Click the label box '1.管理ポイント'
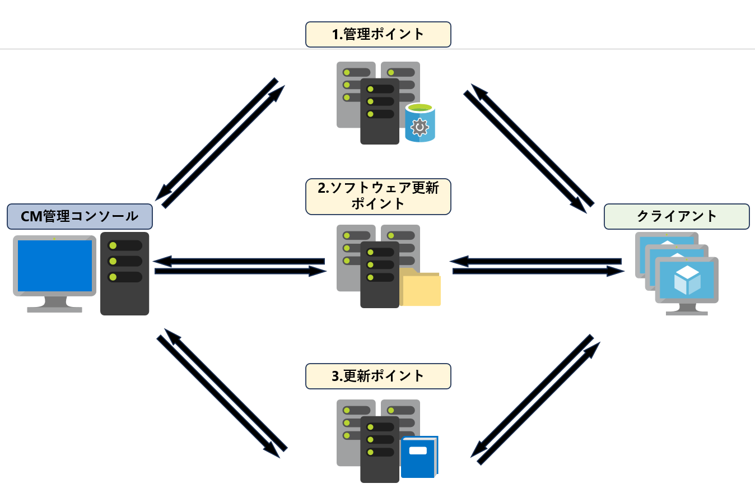pyautogui.click(x=378, y=34)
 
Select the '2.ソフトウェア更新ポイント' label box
pyautogui.click(x=378, y=196)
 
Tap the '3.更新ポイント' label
pyautogui.click(x=378, y=376)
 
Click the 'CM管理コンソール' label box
pyautogui.click(x=80, y=216)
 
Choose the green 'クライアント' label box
pyautogui.click(x=677, y=216)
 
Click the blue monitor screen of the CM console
pyautogui.click(x=55, y=266)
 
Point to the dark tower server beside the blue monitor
pyautogui.click(x=124, y=273)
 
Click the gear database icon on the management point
pyautogui.click(x=420, y=124)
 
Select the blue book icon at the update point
pyautogui.click(x=418, y=457)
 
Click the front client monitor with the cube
pyautogui.click(x=687, y=280)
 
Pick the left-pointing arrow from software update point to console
pyautogui.click(x=239, y=261)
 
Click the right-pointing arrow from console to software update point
pyautogui.click(x=240, y=271)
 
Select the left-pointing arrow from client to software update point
pyautogui.click(x=536, y=261)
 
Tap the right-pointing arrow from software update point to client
pyautogui.click(x=538, y=271)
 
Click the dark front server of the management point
pyautogui.click(x=379, y=111)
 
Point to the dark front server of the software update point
pyautogui.click(x=379, y=275)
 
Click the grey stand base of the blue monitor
pyautogui.click(x=54, y=309)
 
